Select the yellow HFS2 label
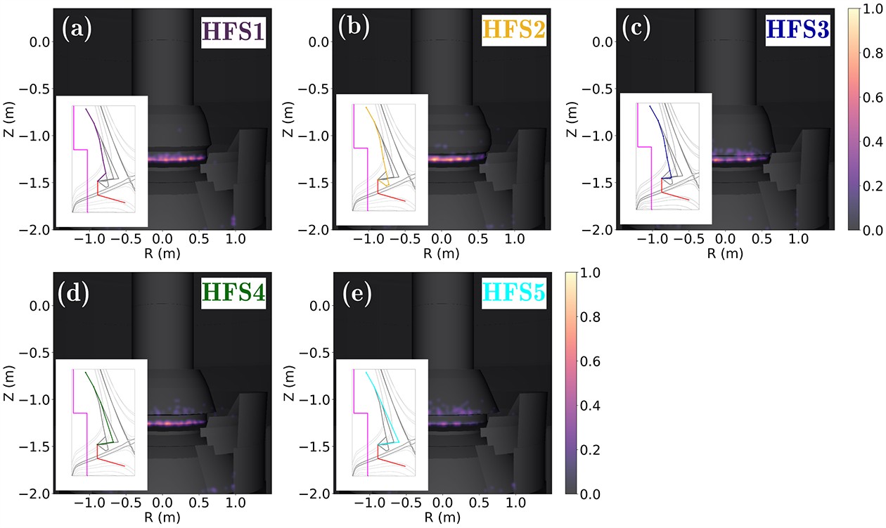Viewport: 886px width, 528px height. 515,30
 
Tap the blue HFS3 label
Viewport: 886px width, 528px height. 798,30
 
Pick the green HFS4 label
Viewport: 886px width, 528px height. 233,293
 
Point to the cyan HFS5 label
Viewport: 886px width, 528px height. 515,293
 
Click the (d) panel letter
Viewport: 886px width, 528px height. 75,290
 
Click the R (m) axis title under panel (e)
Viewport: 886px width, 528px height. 442,518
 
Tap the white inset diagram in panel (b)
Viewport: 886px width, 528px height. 383,160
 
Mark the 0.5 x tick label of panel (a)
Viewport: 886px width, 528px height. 198,239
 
